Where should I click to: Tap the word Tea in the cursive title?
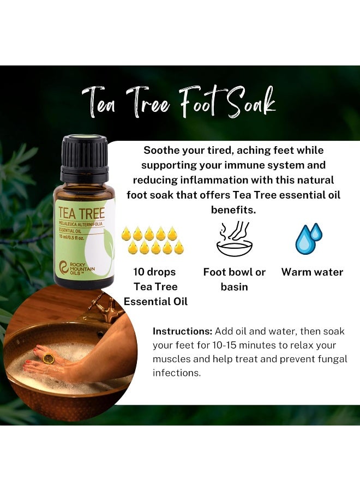[100, 103]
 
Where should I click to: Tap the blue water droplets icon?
[308, 238]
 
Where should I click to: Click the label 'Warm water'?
[312, 272]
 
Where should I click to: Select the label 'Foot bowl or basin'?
[234, 279]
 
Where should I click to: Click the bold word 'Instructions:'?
[182, 331]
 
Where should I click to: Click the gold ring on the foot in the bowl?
[49, 358]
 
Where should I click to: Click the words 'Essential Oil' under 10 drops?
[155, 301]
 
